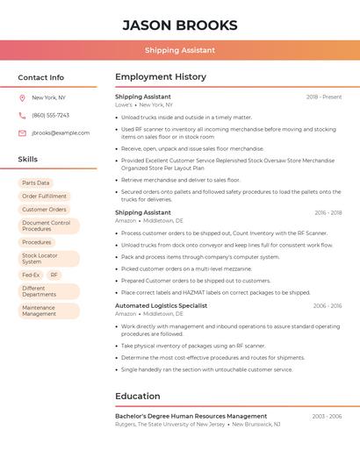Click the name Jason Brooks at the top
click(x=180, y=25)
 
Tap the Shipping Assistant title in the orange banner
click(x=180, y=51)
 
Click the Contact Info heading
click(x=41, y=77)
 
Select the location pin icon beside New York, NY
click(x=22, y=97)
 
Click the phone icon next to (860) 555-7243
click(x=22, y=115)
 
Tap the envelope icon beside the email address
click(x=22, y=132)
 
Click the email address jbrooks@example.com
click(x=61, y=132)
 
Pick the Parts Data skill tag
click(x=36, y=183)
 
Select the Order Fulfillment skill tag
click(x=44, y=197)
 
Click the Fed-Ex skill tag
click(x=31, y=275)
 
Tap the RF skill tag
click(x=54, y=275)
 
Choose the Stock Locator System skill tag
click(x=40, y=259)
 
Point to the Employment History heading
click(x=161, y=77)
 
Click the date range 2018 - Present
click(x=324, y=97)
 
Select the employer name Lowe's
click(x=124, y=104)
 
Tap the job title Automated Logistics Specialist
click(x=161, y=306)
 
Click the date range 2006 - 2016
click(x=328, y=306)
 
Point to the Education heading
click(x=138, y=396)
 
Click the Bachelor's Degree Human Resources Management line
click(x=191, y=416)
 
